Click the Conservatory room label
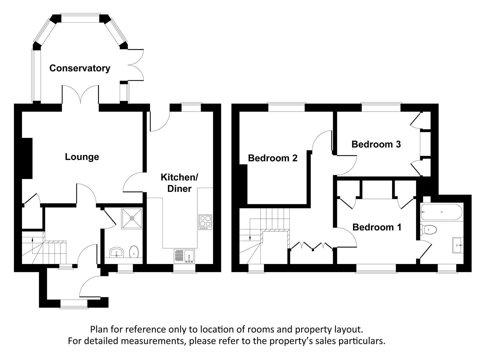(x=80, y=68)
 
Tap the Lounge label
(x=82, y=157)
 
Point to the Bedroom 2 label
(x=273, y=158)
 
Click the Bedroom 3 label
(x=376, y=144)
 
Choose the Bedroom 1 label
(x=377, y=227)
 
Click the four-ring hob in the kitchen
(x=205, y=222)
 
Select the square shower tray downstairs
(x=132, y=218)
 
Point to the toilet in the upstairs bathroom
(x=429, y=229)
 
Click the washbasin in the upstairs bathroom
(x=458, y=245)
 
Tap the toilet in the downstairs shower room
(x=134, y=252)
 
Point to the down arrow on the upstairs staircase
(x=250, y=237)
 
